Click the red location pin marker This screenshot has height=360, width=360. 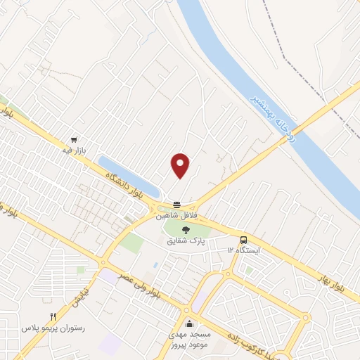181,165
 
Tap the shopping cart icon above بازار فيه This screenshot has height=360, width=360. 74,139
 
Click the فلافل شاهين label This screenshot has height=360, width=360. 176,213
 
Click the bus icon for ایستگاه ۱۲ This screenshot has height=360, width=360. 243,239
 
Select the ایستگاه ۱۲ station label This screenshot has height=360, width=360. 243,250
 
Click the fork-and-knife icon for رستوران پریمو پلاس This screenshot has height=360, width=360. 53,317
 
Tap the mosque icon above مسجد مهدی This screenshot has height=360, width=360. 189,324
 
